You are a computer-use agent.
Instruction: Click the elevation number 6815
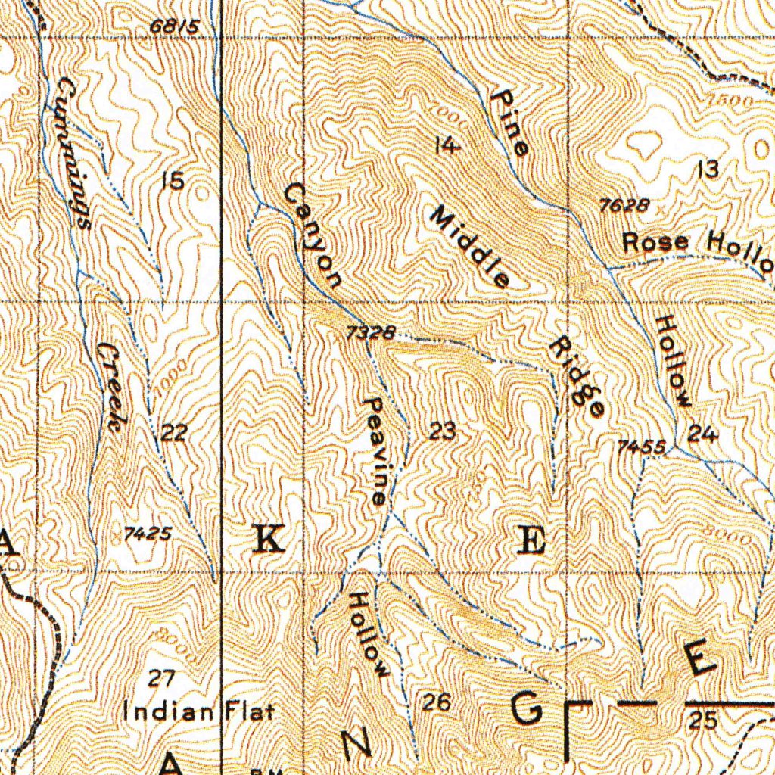point(174,27)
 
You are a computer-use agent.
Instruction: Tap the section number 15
point(173,181)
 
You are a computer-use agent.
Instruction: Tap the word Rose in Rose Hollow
point(656,243)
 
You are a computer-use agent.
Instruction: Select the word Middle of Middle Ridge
point(470,247)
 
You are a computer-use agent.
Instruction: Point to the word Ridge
point(577,376)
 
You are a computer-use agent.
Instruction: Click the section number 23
point(443,433)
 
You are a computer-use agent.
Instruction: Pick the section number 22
point(174,433)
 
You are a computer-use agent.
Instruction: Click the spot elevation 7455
point(641,448)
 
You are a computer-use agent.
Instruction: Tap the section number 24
point(703,434)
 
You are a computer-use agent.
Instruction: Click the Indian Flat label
point(198,712)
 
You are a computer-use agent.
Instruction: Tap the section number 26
point(437,703)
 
